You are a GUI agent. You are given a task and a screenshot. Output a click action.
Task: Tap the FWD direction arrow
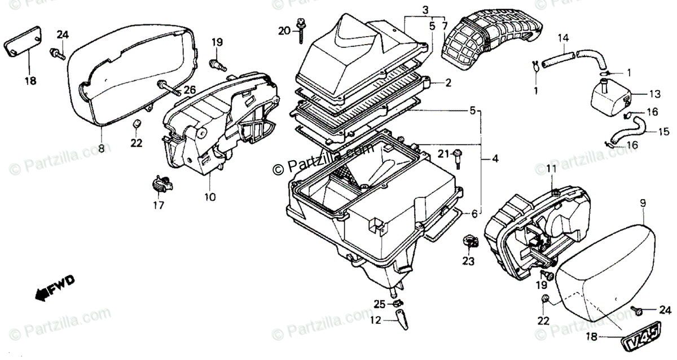(x=54, y=289)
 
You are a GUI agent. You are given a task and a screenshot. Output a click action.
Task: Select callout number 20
(x=284, y=30)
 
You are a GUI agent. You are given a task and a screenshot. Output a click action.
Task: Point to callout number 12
(x=376, y=321)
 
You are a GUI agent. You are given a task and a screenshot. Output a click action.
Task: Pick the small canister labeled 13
(x=610, y=97)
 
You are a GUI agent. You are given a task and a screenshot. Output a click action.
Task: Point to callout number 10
(x=209, y=196)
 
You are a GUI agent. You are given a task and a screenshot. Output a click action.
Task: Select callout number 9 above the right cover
(x=643, y=201)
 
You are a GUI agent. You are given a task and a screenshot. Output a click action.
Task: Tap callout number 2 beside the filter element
(x=448, y=83)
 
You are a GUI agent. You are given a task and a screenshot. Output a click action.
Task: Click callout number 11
(x=551, y=168)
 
